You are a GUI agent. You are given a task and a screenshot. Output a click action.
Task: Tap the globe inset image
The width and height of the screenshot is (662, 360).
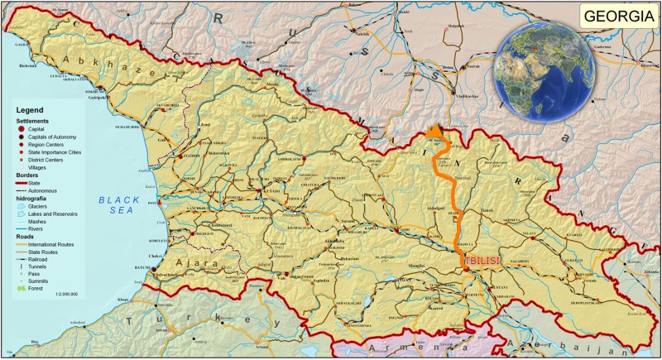pos(543,70)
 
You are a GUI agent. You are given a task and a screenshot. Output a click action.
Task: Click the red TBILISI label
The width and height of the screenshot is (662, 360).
pos(483,261)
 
